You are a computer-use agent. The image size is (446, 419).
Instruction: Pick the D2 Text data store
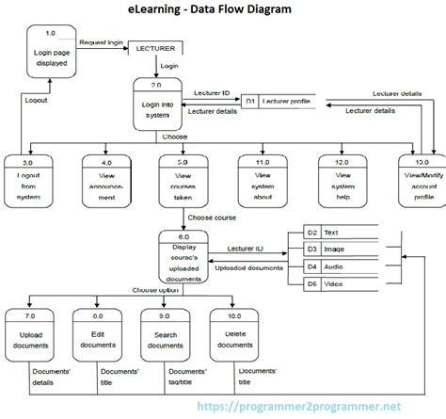pos(339,232)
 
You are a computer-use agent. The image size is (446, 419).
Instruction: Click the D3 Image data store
pos(339,249)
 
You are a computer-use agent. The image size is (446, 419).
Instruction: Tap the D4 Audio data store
pos(339,266)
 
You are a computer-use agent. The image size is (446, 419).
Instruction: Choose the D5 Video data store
pos(339,283)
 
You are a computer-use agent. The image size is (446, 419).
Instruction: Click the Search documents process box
pos(167,335)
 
